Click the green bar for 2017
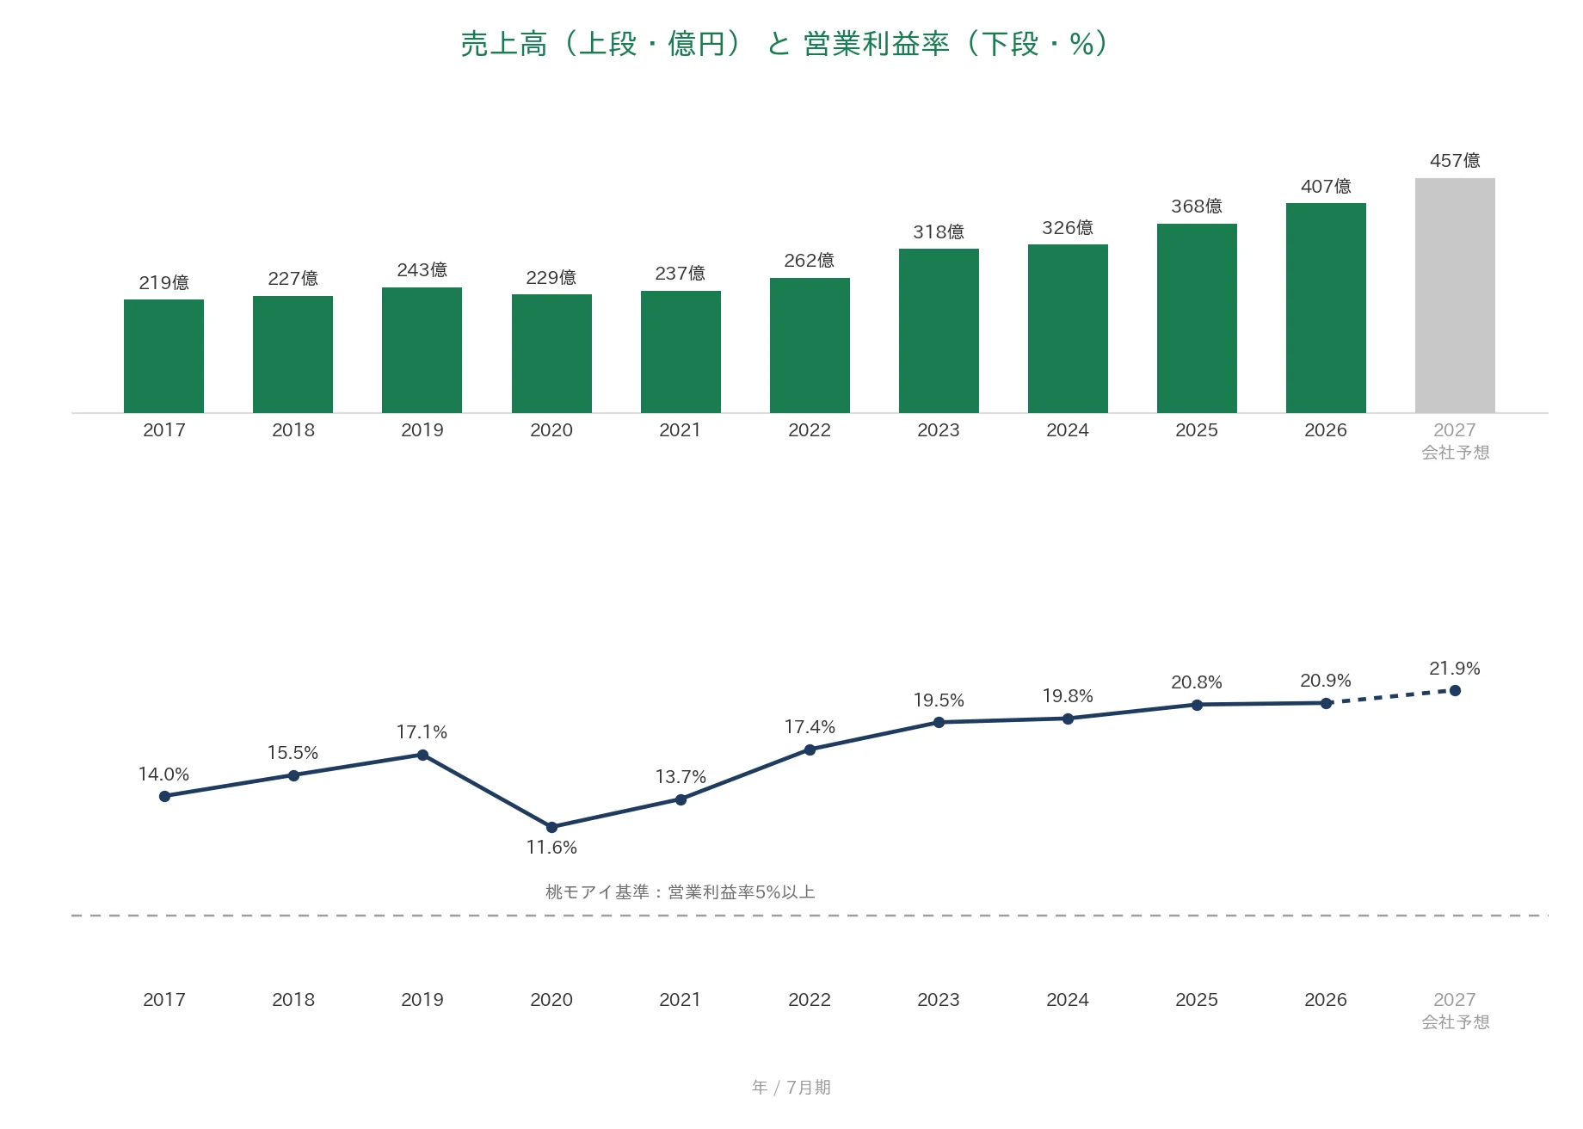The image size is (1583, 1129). (x=163, y=356)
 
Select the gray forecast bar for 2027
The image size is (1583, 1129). (x=1455, y=295)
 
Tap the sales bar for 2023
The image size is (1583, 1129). (x=939, y=330)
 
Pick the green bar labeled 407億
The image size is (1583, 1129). (x=1326, y=308)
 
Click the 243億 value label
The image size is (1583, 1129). (x=422, y=270)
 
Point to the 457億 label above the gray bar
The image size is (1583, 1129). (x=1455, y=161)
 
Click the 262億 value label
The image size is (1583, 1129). (x=810, y=261)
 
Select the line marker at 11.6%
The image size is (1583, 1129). (x=551, y=827)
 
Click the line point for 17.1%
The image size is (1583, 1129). (x=422, y=755)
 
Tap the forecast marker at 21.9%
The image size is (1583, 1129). (x=1455, y=690)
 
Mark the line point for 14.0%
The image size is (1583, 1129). (x=164, y=796)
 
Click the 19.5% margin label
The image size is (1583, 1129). (x=939, y=700)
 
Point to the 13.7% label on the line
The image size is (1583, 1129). (x=681, y=777)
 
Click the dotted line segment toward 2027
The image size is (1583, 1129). (x=1390, y=697)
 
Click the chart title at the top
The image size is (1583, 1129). (x=785, y=44)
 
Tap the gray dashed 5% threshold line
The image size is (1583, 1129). (x=810, y=916)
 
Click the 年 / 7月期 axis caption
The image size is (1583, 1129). (x=791, y=1088)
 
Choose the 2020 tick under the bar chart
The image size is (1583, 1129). (x=551, y=430)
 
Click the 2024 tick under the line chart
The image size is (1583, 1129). (x=1068, y=1000)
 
